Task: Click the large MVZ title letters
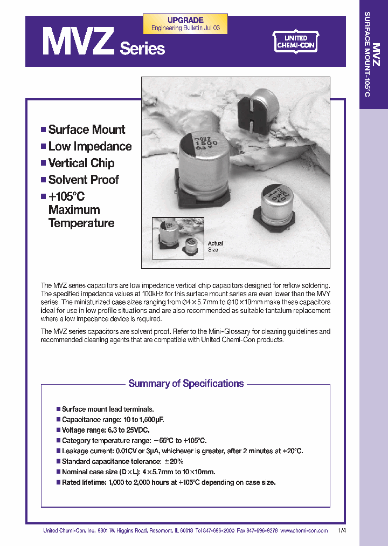(78, 43)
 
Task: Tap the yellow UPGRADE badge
(185, 24)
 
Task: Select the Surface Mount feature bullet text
(86, 129)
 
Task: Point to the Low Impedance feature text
(89, 146)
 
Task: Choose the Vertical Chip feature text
(81, 163)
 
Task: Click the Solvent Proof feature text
(84, 180)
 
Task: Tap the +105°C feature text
(66, 197)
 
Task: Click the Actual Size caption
(214, 247)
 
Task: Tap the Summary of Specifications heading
(186, 384)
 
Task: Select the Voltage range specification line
(105, 430)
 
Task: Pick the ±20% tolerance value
(174, 461)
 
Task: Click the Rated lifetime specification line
(168, 482)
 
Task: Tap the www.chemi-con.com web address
(304, 530)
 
